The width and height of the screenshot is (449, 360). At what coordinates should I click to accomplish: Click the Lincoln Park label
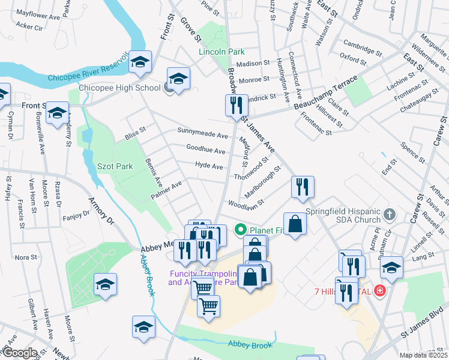pyautogui.click(x=221, y=52)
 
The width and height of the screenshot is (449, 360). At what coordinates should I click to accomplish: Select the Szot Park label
pyautogui.click(x=115, y=166)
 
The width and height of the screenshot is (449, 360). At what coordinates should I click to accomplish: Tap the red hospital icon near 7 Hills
pyautogui.click(x=379, y=291)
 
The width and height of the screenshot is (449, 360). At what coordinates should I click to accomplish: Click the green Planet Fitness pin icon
pyautogui.click(x=241, y=230)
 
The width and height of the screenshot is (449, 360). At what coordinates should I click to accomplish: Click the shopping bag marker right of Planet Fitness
pyautogui.click(x=295, y=223)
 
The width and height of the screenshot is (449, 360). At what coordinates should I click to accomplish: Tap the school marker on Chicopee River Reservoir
pyautogui.click(x=140, y=62)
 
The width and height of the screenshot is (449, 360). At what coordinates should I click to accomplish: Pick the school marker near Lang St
pyautogui.click(x=391, y=267)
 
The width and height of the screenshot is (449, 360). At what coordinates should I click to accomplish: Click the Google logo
pyautogui.click(x=19, y=353)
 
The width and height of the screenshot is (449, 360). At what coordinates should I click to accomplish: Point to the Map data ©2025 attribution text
pyautogui.click(x=424, y=355)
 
